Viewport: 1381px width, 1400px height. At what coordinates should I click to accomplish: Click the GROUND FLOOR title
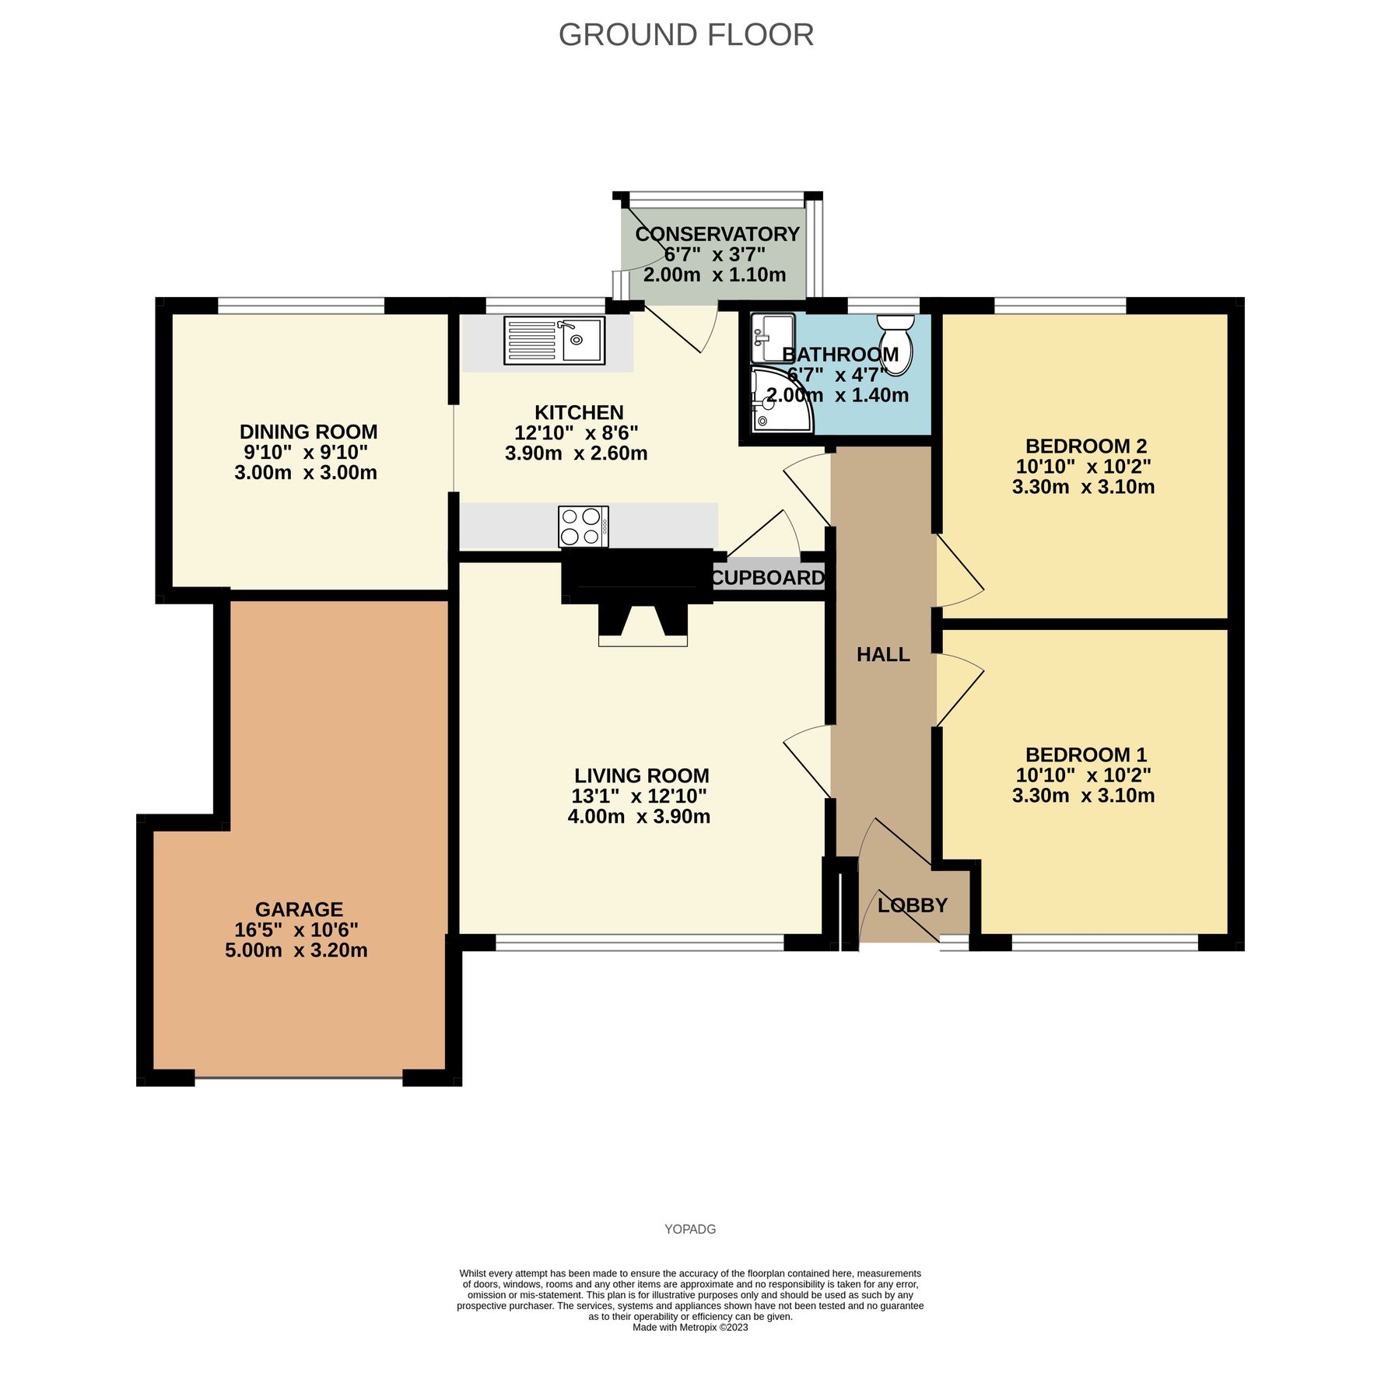(x=685, y=35)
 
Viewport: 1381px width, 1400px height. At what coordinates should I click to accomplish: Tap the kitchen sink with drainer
(x=554, y=341)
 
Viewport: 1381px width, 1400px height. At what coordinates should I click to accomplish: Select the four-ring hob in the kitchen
(x=583, y=527)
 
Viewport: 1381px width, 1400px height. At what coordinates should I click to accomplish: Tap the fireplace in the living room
(x=643, y=622)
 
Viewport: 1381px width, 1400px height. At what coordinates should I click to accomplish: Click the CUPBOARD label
(x=767, y=578)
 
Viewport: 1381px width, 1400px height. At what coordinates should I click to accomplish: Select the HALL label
(x=883, y=655)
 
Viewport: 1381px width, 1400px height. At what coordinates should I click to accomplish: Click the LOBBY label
(x=912, y=905)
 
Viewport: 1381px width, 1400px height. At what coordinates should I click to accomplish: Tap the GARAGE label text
(x=299, y=909)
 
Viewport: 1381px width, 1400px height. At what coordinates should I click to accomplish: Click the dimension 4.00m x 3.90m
(x=639, y=817)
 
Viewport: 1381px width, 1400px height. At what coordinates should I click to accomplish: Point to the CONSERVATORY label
(x=717, y=234)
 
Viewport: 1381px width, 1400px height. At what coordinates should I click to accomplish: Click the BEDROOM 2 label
(x=1085, y=446)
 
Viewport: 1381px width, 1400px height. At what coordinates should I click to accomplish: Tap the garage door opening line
(x=298, y=1078)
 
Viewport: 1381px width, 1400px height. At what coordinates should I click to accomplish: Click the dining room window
(x=301, y=306)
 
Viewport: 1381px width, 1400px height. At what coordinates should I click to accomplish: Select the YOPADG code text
(x=690, y=1229)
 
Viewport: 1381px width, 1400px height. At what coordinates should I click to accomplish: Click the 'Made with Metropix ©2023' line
(x=690, y=1327)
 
